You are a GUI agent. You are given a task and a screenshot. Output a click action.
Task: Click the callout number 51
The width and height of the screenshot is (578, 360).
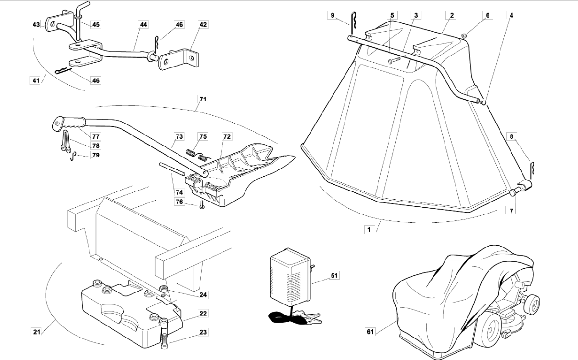(334, 276)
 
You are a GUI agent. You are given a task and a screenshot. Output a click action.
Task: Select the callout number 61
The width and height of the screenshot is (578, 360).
(370, 332)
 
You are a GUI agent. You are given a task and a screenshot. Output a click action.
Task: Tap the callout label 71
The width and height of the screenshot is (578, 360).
(203, 99)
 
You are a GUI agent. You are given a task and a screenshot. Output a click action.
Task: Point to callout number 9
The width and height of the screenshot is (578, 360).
(333, 15)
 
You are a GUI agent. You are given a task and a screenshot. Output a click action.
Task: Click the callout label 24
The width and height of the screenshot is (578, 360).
(203, 295)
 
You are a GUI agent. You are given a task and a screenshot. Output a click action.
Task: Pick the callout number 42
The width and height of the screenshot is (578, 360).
(203, 24)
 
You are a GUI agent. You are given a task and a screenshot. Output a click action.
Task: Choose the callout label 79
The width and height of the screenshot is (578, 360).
(96, 155)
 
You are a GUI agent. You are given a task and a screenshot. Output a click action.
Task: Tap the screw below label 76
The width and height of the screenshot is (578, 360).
(202, 206)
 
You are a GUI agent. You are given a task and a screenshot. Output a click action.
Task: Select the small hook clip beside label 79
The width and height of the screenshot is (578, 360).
(73, 156)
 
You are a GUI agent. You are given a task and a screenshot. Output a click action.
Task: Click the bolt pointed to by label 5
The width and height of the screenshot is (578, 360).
(394, 60)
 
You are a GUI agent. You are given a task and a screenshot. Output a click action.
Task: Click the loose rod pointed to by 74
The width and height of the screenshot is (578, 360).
(172, 169)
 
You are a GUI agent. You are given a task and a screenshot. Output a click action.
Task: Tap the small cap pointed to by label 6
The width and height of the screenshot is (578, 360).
(464, 35)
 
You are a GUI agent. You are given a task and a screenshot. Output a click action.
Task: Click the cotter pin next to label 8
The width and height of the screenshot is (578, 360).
(532, 170)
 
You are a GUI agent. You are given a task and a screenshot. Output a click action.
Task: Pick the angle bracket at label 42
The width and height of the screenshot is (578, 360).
(179, 60)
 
